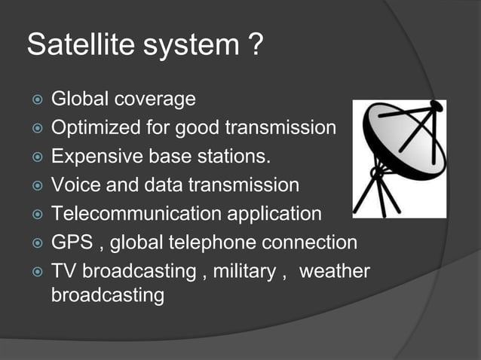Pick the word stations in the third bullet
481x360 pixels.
[x=237, y=157]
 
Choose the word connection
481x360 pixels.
[x=311, y=243]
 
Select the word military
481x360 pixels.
[x=244, y=271]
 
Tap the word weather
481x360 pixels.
[x=335, y=271]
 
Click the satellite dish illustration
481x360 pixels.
[x=400, y=159]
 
